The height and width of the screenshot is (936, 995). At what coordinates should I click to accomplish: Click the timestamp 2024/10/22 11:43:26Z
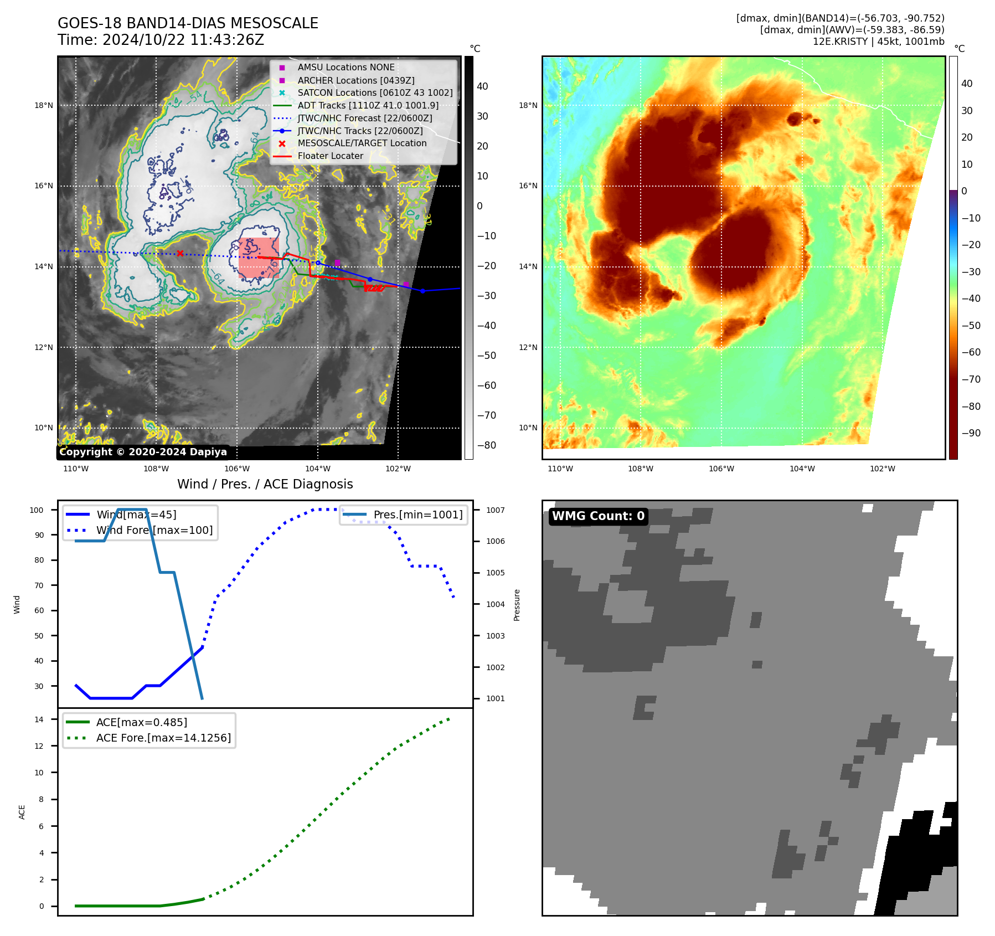[x=183, y=40]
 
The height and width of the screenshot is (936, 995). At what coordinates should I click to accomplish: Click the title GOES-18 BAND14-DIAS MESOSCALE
[x=188, y=23]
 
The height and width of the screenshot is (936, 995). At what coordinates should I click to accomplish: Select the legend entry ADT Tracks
[x=368, y=105]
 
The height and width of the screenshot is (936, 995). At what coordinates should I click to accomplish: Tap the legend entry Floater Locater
[x=330, y=156]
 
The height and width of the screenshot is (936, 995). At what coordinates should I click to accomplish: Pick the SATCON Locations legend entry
[x=375, y=92]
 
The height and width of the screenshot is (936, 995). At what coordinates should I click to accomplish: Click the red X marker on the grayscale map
[x=180, y=254]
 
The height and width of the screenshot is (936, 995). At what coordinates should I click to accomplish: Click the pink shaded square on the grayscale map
[x=259, y=258]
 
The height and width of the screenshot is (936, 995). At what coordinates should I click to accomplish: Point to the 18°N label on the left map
[x=44, y=105]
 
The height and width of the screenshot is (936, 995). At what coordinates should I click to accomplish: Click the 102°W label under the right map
[x=882, y=469]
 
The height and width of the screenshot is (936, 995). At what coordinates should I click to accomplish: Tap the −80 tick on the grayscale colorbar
[x=487, y=445]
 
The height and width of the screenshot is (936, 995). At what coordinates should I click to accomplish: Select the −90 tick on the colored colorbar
[x=971, y=433]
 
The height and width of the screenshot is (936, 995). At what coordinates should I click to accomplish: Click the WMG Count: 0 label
[x=598, y=516]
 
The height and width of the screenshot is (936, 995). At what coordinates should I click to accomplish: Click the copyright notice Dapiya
[x=143, y=452]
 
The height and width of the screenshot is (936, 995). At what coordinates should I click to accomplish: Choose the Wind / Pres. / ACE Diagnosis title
[x=265, y=484]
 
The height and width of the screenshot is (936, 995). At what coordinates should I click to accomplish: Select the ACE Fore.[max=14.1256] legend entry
[x=163, y=738]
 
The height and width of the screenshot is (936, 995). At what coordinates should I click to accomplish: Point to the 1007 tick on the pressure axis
[x=495, y=510]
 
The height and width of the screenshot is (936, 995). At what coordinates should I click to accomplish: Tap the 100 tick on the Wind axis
[x=37, y=510]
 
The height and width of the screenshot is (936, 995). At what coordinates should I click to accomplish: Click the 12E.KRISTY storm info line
[x=878, y=42]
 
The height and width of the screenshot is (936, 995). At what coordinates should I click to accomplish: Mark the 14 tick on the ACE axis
[x=39, y=719]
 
